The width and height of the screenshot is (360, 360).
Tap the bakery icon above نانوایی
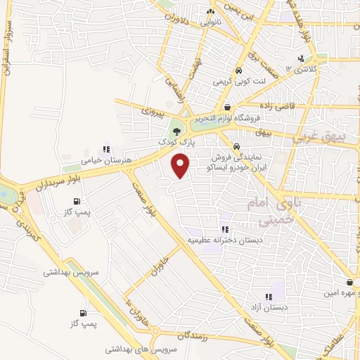point(210,12)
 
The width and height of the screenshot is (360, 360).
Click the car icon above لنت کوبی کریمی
point(238,71)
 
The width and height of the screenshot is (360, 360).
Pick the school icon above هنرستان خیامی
point(106,149)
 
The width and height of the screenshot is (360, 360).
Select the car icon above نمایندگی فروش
point(236,146)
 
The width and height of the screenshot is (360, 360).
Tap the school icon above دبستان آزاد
point(268,297)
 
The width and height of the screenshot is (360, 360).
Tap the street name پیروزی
point(153,111)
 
